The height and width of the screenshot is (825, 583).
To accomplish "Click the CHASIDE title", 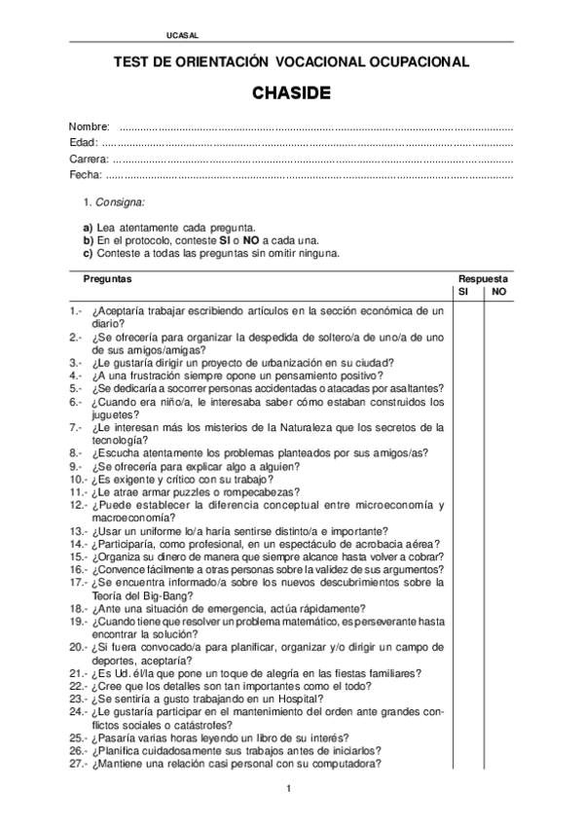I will click(x=291, y=94).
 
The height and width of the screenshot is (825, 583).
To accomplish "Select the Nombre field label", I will click(x=88, y=127).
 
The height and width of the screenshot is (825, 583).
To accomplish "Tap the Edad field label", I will click(x=84, y=143).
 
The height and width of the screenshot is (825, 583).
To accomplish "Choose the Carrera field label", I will click(x=89, y=159).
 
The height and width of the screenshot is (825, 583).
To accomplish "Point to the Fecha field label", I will click(x=86, y=174).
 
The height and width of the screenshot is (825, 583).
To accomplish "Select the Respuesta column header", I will click(x=483, y=278).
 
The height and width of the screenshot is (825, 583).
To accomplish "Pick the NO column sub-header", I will click(x=498, y=291).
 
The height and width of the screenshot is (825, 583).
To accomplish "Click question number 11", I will click(x=78, y=492).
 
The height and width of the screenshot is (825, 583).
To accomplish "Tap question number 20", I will click(x=78, y=647).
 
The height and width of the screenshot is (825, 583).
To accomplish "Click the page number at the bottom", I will click(x=289, y=801).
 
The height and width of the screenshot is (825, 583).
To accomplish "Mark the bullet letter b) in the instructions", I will click(x=88, y=239).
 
